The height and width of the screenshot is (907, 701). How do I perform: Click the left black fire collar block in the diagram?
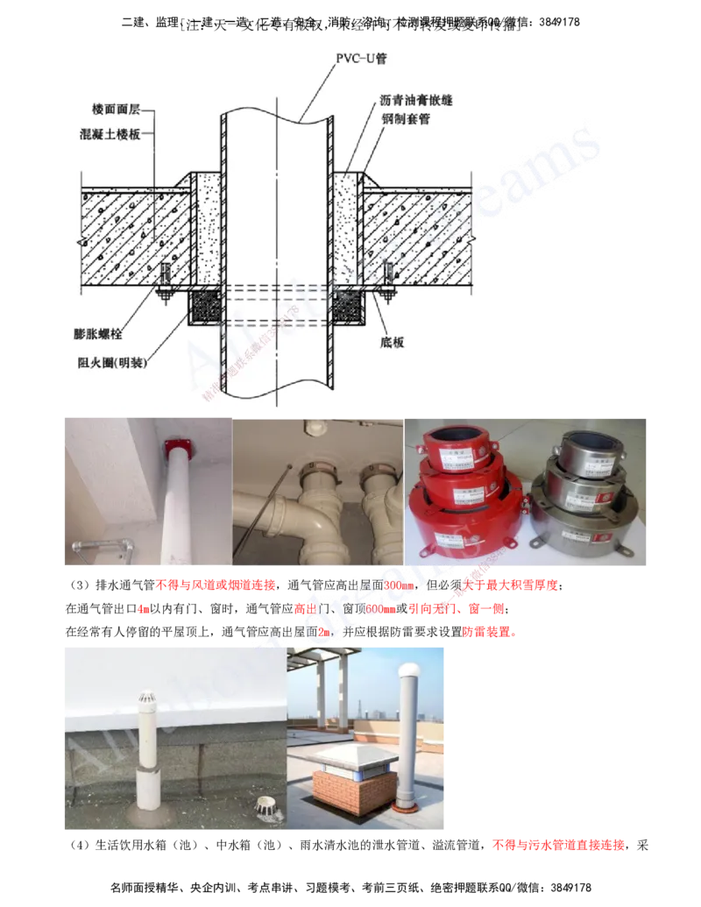[206, 308]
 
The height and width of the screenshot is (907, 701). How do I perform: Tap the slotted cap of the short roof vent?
[151, 700]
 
